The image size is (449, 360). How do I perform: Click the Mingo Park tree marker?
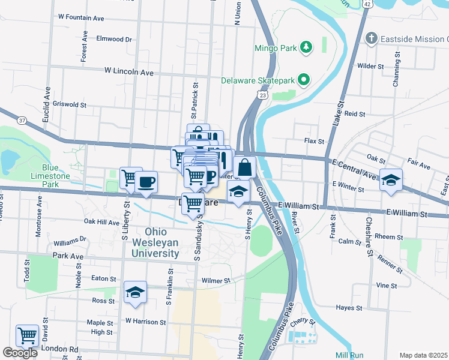coord(306,47)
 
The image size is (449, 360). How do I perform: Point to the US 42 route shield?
coord(366,4)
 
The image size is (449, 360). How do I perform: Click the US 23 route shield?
coord(262,95)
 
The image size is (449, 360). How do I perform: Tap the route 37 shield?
coord(22,121)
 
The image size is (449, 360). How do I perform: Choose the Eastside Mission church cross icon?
coord(372,39)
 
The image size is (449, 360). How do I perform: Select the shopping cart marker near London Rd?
coord(27,335)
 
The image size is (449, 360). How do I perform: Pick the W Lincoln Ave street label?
coord(129,71)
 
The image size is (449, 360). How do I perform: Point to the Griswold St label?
coord(70,104)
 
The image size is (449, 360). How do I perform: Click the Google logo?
coord(20,353)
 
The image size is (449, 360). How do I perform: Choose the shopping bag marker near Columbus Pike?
coord(244,167)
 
